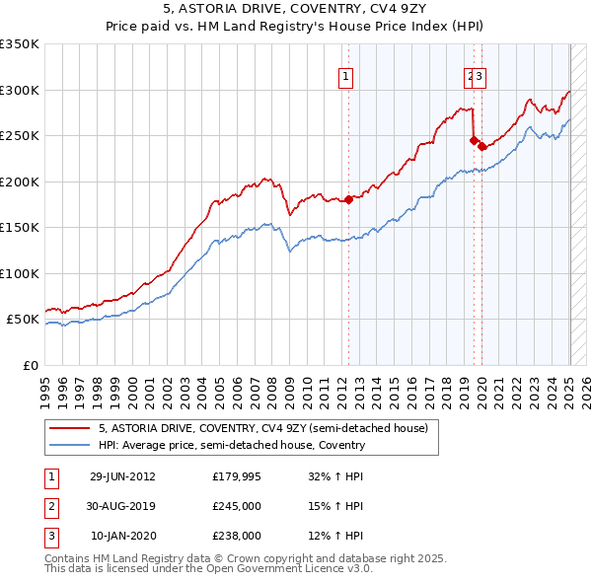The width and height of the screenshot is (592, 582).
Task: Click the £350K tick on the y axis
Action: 20,44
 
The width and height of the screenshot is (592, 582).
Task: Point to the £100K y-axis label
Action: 20,273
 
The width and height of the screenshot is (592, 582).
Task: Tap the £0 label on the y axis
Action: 31,365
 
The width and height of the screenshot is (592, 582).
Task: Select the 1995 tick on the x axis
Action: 45,386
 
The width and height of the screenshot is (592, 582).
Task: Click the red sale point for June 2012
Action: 348,199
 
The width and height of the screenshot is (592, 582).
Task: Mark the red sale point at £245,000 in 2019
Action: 474,140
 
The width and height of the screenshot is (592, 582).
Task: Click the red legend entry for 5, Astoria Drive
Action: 262,429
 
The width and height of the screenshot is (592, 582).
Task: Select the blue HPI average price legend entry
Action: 232,445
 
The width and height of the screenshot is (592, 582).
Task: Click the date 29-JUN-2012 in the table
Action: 122,475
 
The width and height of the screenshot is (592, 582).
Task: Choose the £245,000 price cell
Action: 237,506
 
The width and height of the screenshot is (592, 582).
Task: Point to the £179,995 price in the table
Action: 237,475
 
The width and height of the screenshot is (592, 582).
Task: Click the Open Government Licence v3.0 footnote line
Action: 209,570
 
